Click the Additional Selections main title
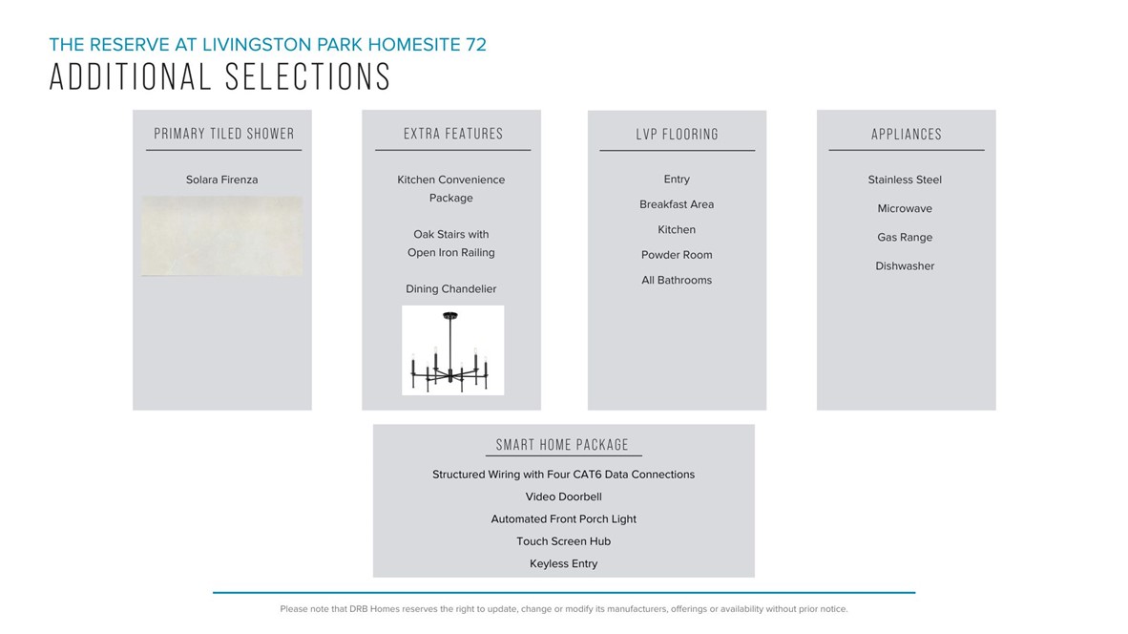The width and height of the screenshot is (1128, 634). coord(219,77)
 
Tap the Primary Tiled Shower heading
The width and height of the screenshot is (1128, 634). coord(224,134)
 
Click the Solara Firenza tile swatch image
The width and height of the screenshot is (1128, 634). coord(222,237)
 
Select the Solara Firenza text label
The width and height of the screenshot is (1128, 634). coord(221,180)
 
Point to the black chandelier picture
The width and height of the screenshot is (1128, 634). coord(452,349)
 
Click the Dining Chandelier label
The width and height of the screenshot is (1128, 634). coord(451,289)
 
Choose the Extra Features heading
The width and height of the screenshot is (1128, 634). coord(452,134)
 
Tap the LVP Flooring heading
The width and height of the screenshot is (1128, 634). coord(677,135)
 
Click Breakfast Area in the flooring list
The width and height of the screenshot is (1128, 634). coord(677,204)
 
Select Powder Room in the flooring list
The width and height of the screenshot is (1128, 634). coord(677,255)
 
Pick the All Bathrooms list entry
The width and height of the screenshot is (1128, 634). coord(677,281)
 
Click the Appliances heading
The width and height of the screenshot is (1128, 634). coord(906,135)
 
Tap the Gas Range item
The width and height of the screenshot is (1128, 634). coord(905,238)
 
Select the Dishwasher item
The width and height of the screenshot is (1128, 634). coord(905,266)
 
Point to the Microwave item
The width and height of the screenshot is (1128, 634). coord(905,209)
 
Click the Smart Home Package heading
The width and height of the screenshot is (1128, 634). coord(563,445)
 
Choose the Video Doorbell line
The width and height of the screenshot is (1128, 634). coord(563,497)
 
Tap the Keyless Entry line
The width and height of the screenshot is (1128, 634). coord(563,564)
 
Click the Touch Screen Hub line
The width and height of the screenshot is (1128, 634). coord(563,541)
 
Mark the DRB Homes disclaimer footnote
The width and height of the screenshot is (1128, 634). coord(563,609)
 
